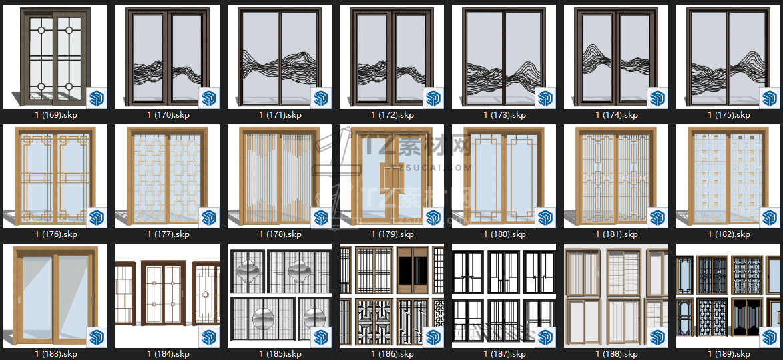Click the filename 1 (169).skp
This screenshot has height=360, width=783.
[56, 115]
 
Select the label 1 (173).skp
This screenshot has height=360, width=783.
[505, 115]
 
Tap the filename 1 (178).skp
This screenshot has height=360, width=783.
[280, 234]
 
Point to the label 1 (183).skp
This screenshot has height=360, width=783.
[56, 354]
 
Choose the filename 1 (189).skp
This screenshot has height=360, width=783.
[728, 354]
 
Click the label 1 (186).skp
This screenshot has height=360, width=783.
[393, 354]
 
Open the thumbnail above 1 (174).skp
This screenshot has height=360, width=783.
[616, 57]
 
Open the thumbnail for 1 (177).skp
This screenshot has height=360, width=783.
[168, 176]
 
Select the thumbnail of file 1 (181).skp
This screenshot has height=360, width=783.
[616, 176]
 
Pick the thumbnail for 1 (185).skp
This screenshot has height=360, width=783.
[280, 296]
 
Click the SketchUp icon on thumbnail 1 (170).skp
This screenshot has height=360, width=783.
[209, 98]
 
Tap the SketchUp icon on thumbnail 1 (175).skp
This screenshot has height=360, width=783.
[770, 98]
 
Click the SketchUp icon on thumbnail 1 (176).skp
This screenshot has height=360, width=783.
[97, 217]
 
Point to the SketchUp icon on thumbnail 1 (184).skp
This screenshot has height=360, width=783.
[209, 337]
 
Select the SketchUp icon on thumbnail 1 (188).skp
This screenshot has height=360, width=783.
[658, 337]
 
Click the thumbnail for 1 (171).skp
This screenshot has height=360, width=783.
[280, 57]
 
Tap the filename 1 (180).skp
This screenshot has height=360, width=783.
[505, 234]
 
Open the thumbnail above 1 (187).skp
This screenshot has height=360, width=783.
[504, 296]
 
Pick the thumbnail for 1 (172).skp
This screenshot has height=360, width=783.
[392, 57]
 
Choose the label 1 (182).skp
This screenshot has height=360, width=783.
[728, 234]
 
